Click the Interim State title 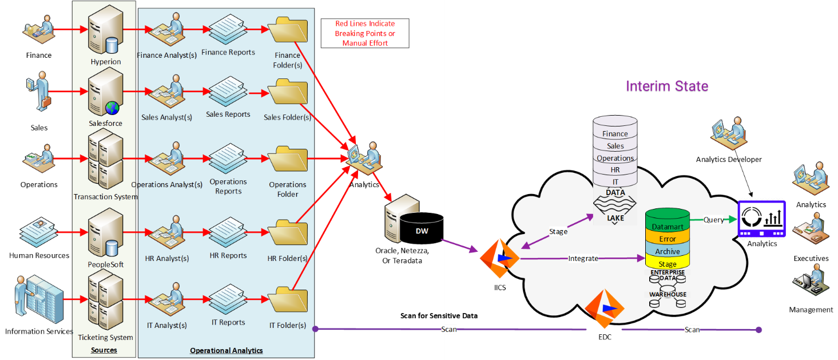[x=667, y=86]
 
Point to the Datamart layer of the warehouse [x=668, y=227]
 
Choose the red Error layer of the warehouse [x=668, y=239]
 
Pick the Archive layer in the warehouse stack [x=668, y=251]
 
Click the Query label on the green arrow [x=713, y=220]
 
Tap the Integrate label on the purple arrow [x=583, y=259]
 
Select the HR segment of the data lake [x=615, y=170]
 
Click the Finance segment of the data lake [x=615, y=134]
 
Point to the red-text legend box [x=365, y=33]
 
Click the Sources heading [x=104, y=350]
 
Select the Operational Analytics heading [x=227, y=350]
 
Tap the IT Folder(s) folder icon [x=288, y=300]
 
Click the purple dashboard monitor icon [x=761, y=219]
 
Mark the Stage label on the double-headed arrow [x=558, y=232]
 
